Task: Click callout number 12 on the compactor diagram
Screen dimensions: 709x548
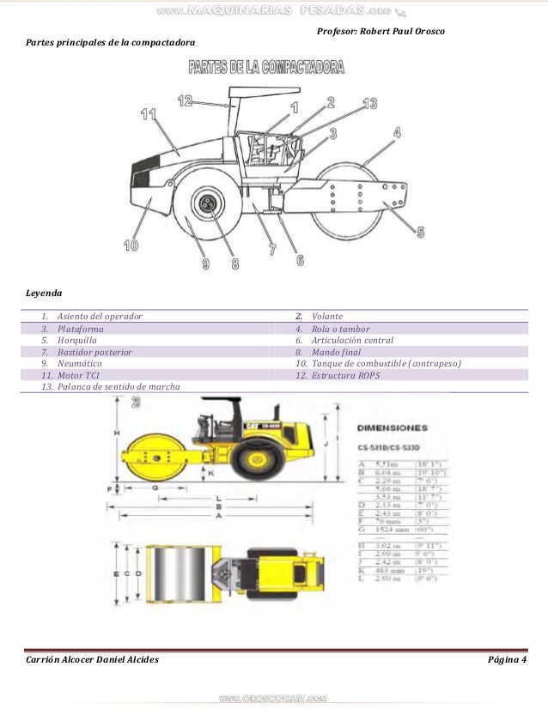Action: click(185, 100)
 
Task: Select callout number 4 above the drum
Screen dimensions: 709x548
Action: click(396, 132)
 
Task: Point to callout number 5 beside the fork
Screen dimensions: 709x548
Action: click(420, 231)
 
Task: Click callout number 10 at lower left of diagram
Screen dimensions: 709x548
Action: click(131, 245)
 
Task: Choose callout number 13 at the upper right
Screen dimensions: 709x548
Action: click(368, 104)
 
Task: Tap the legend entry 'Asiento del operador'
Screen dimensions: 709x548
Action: click(100, 316)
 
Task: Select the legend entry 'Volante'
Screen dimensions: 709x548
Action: click(327, 316)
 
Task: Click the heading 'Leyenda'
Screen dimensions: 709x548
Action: click(44, 292)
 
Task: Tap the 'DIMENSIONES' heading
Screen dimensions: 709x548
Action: click(392, 427)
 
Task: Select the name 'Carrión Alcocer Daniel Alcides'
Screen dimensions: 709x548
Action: click(91, 658)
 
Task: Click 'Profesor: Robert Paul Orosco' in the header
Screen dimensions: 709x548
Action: click(381, 32)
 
